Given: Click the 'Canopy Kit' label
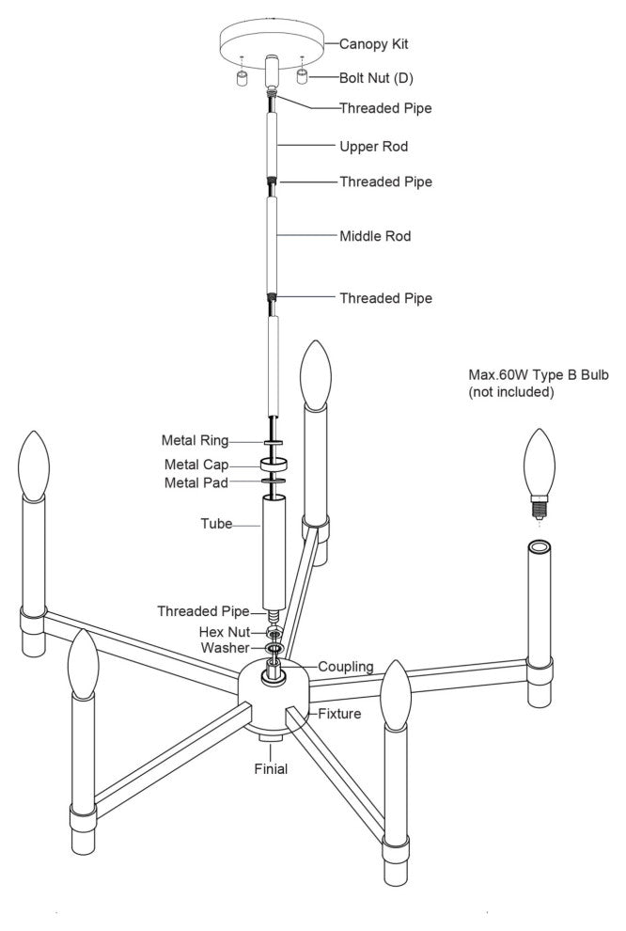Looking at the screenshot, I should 373,43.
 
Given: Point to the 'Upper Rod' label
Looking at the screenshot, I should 373,147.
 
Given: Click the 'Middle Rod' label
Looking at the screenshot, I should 375,236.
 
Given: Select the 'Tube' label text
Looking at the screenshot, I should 216,524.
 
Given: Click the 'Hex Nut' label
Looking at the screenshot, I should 224,632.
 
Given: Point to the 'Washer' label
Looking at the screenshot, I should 225,649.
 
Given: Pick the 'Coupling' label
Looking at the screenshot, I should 345,667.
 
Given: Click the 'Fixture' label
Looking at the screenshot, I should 340,715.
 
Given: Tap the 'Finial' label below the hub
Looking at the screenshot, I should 271,768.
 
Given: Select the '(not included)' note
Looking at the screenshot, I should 511,392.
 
